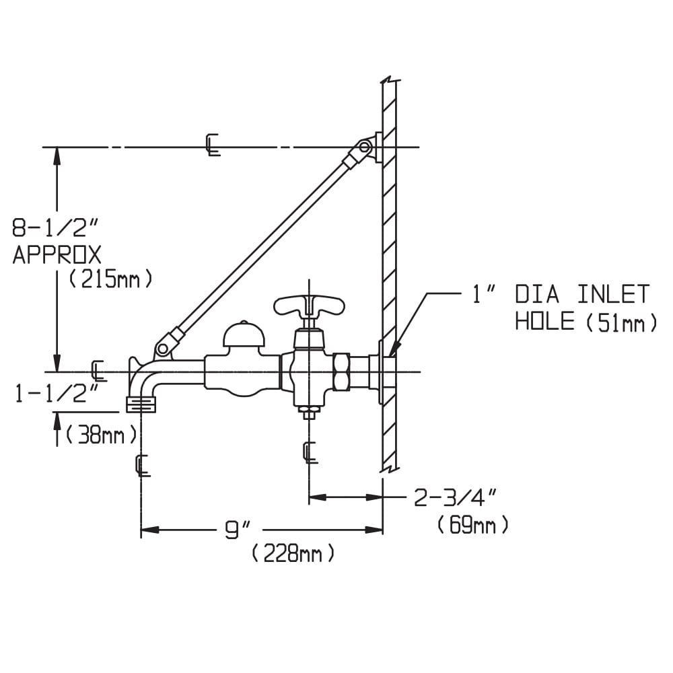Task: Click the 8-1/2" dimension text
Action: click(x=55, y=228)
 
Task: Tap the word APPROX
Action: click(x=57, y=255)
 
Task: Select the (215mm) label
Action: click(x=111, y=279)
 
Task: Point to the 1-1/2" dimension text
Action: click(x=57, y=393)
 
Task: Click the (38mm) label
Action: click(x=102, y=435)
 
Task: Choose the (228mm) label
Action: click(x=293, y=554)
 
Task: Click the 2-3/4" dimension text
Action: click(x=456, y=498)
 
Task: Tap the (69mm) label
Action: click(x=472, y=525)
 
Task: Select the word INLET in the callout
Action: click(x=613, y=295)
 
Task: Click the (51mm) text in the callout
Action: click(x=621, y=322)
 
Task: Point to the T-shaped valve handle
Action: click(x=309, y=304)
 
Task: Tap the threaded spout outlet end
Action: click(x=141, y=404)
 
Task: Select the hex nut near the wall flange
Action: click(x=342, y=371)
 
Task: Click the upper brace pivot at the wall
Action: click(x=365, y=147)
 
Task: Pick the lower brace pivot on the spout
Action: click(x=163, y=349)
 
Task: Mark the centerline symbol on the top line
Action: click(x=212, y=145)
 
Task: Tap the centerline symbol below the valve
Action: click(x=310, y=452)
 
